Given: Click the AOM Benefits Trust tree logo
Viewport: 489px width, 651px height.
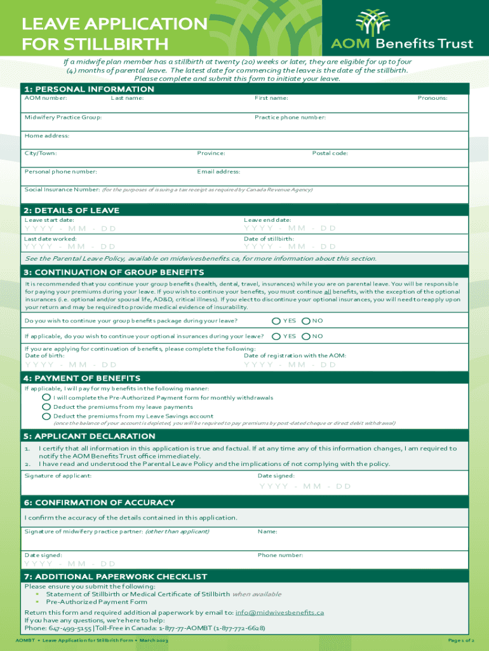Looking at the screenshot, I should click(373, 23).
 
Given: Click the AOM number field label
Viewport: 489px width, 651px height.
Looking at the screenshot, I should click(46, 98).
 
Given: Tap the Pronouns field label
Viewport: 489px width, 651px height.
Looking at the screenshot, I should click(432, 98).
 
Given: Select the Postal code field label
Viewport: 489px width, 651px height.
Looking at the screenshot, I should click(330, 153).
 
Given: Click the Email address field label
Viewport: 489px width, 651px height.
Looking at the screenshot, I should click(218, 172).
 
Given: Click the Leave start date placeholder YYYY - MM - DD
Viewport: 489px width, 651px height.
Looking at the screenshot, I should click(70, 229).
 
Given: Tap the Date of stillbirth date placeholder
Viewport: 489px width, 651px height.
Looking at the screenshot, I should click(290, 247).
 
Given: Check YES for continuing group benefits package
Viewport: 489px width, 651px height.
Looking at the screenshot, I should click(277, 321).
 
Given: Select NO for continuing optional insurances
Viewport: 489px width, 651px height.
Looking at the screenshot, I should click(306, 336).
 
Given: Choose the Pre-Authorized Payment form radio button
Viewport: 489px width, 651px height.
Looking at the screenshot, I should click(46, 397).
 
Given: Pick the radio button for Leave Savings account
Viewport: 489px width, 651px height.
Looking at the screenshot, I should click(46, 416).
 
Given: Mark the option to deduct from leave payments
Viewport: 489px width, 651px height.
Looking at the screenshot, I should click(46, 407).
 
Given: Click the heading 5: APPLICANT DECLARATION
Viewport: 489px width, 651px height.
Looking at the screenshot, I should click(89, 436).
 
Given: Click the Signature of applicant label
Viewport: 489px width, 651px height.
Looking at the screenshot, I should click(58, 476).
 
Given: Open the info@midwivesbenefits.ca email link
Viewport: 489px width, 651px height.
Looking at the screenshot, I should click(279, 612).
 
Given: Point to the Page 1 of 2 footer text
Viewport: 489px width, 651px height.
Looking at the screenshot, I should click(460, 640).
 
